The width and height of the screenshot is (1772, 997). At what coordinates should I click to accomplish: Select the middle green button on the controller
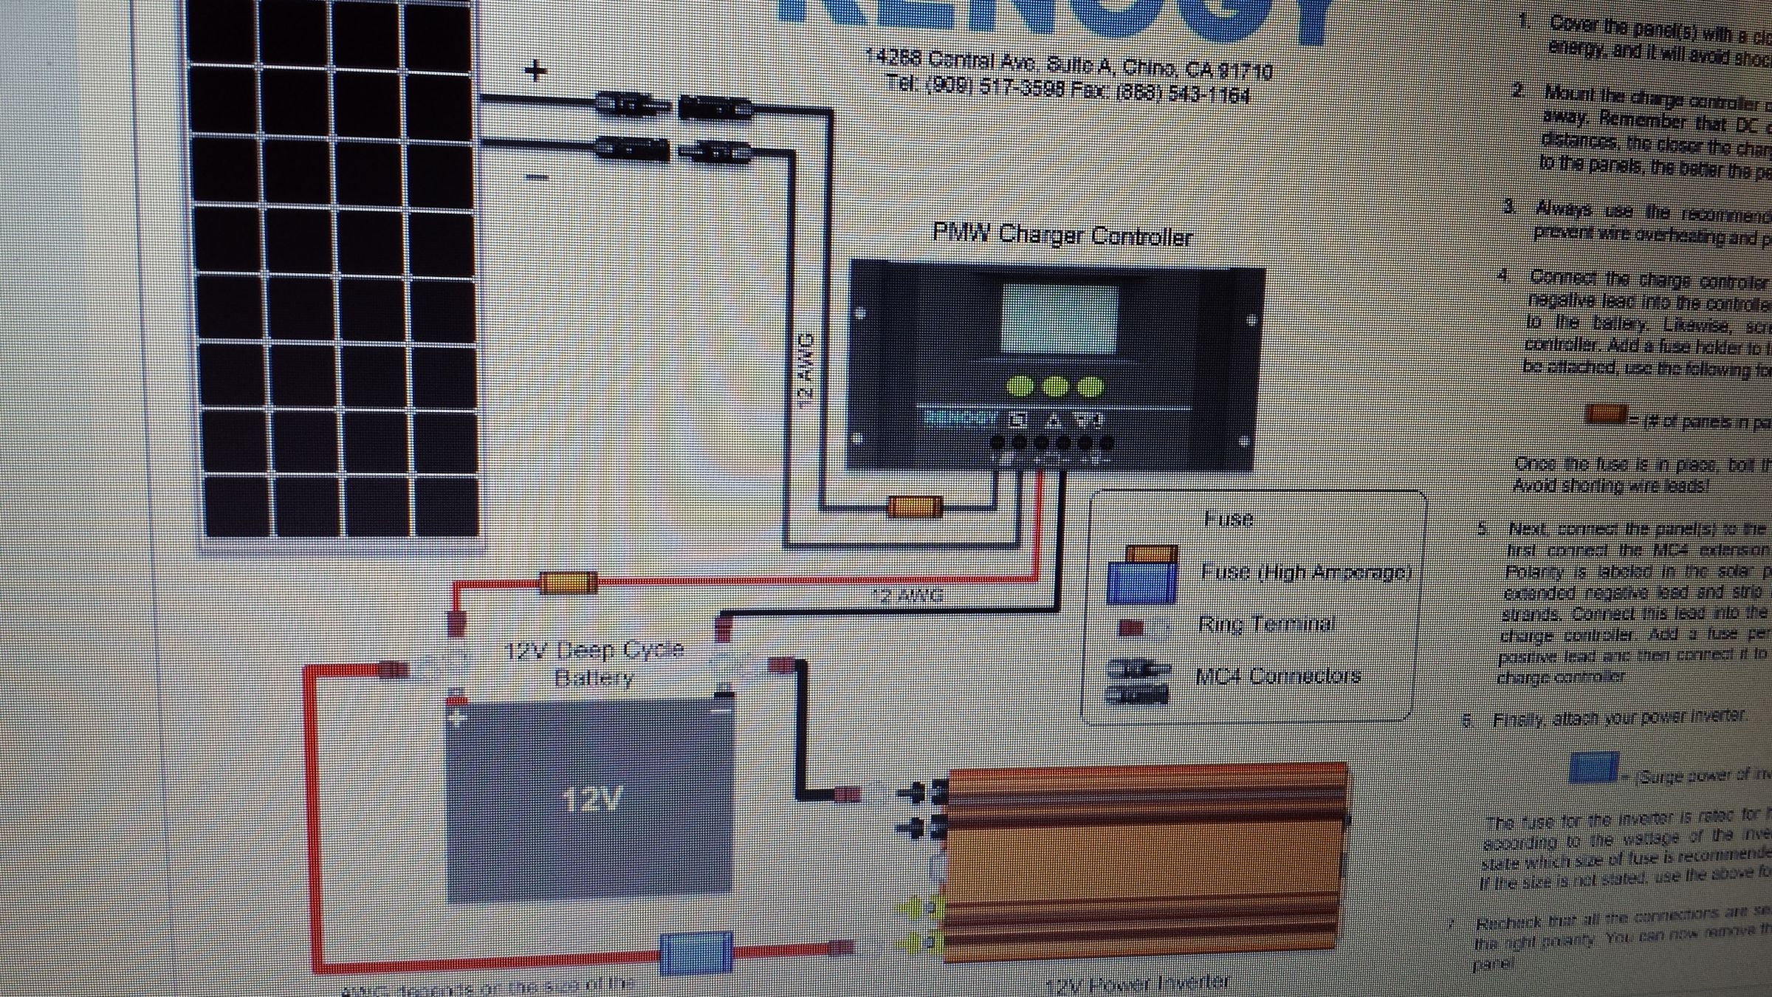click(1056, 386)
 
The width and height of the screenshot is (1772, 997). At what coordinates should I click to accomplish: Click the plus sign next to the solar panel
click(535, 71)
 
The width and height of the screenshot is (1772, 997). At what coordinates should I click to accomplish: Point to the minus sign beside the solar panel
click(538, 177)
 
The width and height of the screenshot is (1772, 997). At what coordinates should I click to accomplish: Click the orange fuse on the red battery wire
click(568, 583)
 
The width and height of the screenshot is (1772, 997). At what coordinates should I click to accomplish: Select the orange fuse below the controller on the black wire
click(915, 507)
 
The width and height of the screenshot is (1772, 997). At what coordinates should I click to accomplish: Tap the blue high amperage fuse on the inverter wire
click(695, 953)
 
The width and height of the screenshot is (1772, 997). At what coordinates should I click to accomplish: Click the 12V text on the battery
click(591, 800)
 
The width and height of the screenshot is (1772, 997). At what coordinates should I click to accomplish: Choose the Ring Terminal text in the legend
click(1266, 625)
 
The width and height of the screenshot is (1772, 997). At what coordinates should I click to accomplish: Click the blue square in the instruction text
click(1593, 768)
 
